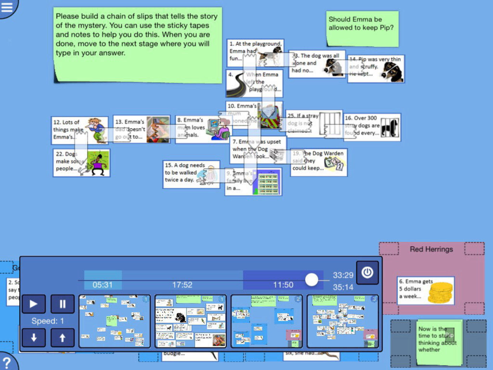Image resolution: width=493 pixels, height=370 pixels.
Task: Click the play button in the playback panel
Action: (34, 304)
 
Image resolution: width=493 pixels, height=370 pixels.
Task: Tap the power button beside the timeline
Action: (367, 273)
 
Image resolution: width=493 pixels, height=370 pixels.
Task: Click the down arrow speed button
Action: (34, 337)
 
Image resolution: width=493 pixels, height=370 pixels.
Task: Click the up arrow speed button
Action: (63, 337)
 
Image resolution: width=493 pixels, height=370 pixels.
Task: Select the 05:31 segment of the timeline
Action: (103, 285)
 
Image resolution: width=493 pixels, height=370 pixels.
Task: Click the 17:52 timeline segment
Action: (182, 285)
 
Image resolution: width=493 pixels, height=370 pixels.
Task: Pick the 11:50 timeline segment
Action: (283, 285)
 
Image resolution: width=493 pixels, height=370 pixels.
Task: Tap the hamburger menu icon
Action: (7, 6)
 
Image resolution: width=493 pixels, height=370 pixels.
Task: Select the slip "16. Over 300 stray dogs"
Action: (372, 127)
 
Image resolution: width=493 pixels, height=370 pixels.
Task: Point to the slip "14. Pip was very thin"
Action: (376, 69)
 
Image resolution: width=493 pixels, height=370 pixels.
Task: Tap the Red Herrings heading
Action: (431, 249)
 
